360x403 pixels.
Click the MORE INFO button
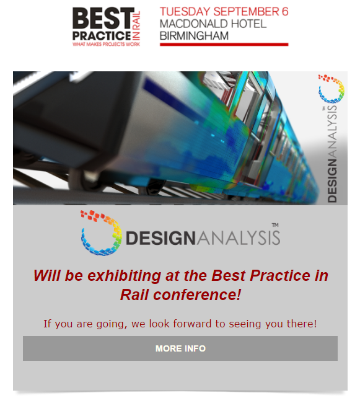coord(180,348)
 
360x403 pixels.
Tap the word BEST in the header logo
coord(103,18)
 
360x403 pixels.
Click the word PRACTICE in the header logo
coord(102,35)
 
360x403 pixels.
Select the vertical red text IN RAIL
coord(136,25)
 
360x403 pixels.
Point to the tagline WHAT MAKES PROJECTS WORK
coord(106,44)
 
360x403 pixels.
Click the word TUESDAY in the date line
coord(185,12)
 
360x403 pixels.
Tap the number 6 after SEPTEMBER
coord(285,12)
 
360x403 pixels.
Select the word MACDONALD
coord(193,24)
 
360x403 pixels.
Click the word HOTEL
coord(248,24)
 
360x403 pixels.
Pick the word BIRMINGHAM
coord(194,36)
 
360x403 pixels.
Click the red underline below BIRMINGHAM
coord(224,45)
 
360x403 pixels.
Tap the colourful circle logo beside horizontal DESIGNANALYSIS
coord(101,233)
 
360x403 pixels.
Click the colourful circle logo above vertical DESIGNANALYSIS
coord(331,89)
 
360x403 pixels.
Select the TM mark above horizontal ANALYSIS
coord(275,225)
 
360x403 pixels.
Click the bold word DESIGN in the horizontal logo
coord(161,237)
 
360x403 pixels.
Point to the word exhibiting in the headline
coord(125,275)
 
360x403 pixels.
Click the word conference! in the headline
coord(197,294)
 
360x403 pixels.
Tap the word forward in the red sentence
coord(192,324)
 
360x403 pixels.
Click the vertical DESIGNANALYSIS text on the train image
coord(332,154)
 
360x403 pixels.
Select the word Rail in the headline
coord(134,294)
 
